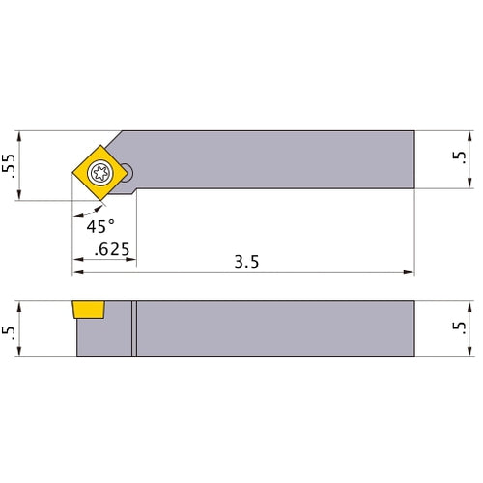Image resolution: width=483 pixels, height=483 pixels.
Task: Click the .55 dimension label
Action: [9, 166]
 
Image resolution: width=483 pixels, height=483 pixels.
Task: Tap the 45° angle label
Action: [100, 226]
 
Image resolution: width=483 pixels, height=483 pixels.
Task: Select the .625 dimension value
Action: [112, 249]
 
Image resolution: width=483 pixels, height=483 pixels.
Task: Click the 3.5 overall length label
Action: [246, 262]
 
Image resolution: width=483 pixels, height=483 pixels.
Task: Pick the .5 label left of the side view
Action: [9, 331]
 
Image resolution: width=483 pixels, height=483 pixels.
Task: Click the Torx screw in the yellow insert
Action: [100, 173]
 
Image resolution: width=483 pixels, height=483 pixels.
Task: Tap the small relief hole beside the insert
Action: [128, 173]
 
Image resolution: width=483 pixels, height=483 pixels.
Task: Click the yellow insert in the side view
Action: [89, 310]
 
